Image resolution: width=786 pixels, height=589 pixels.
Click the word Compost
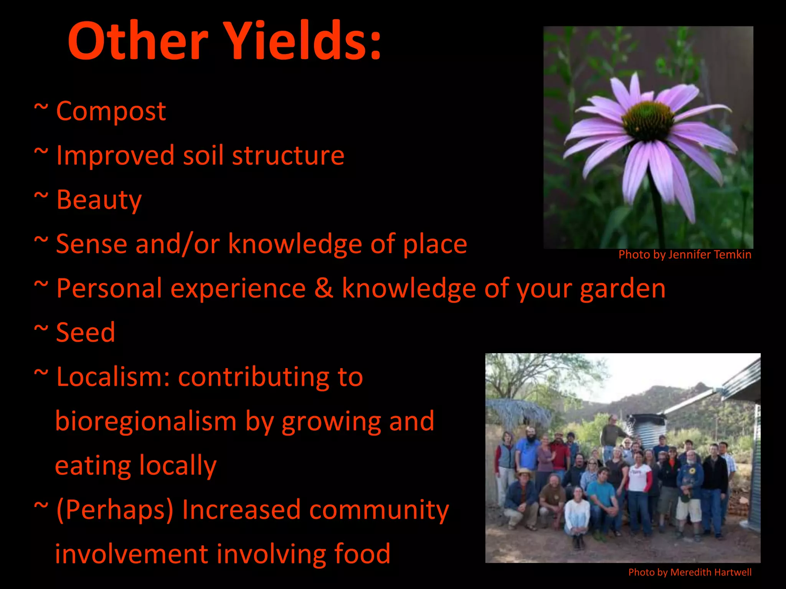pos(111,112)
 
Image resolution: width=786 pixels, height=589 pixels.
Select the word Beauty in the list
pos(99,200)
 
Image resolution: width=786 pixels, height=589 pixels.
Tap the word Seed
pos(86,332)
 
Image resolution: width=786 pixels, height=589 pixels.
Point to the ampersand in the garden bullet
pos(324,288)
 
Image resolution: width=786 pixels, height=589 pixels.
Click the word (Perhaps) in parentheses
pos(115,510)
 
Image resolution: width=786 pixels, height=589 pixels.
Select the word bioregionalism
pos(146,421)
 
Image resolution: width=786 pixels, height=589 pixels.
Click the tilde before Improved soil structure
pos(41,152)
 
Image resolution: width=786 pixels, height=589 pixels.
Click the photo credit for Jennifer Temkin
pos(685,255)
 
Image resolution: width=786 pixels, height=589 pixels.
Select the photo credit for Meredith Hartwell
pos(690,572)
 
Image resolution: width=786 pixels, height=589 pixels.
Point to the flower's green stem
pos(658,207)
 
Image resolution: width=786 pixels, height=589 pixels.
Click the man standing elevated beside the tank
pos(613,433)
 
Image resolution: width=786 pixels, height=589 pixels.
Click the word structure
pos(288,156)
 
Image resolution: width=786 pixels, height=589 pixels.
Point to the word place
pos(434,244)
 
